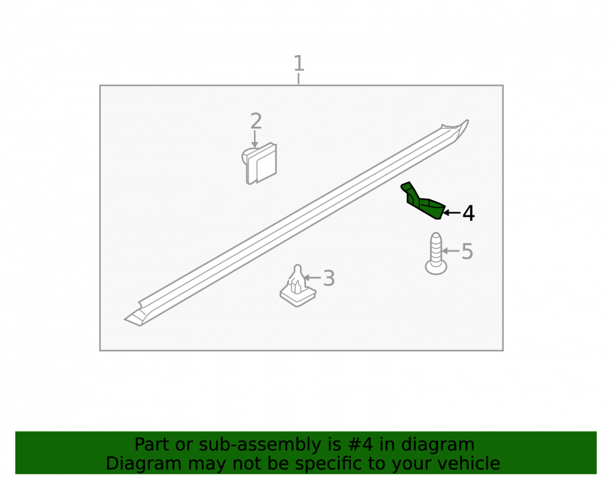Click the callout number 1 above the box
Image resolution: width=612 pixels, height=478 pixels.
(299, 64)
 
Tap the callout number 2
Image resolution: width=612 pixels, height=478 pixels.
(256, 121)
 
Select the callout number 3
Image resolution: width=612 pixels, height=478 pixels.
(329, 278)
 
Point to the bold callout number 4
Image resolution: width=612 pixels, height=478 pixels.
(468, 214)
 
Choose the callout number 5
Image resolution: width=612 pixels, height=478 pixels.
(467, 252)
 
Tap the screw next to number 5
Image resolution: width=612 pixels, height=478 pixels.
(436, 253)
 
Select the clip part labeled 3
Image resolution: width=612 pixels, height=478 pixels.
(297, 286)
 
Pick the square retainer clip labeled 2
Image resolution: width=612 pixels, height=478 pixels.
(259, 163)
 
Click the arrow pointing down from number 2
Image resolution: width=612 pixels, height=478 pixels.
(255, 139)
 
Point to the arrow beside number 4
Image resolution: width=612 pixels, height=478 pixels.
(452, 212)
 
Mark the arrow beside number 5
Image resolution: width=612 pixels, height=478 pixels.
(451, 251)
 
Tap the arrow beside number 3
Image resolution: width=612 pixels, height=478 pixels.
(312, 278)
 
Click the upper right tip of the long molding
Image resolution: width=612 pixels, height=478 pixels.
(468, 121)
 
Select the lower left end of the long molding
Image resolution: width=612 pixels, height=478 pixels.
(126, 320)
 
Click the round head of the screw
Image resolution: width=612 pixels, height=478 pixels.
(436, 267)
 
